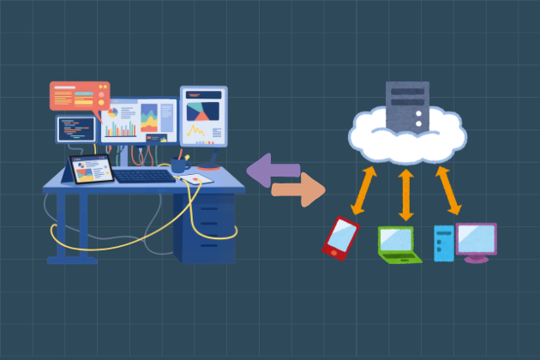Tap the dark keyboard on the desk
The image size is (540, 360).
pos(143,175)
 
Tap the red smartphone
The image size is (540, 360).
pos(340,236)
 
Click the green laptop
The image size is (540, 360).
pos(399,243)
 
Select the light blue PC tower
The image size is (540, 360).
pos(443,243)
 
